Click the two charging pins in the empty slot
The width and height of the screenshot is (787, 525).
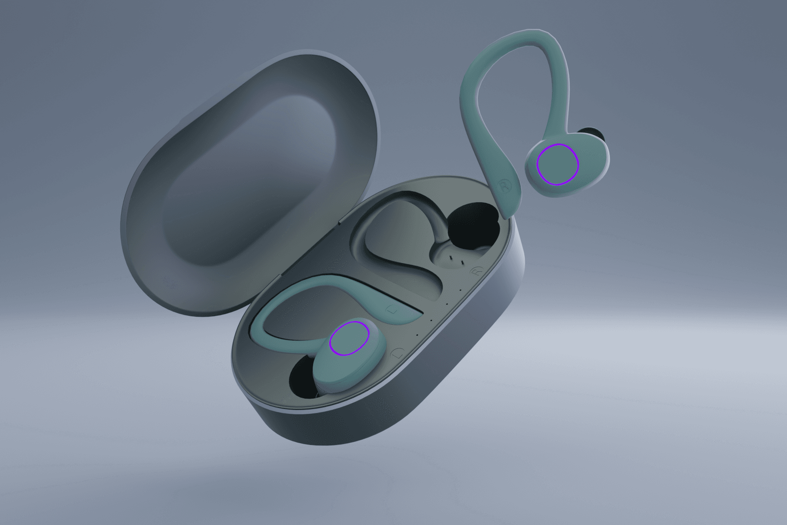click(x=455, y=261)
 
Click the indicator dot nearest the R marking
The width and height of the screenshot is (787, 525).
click(x=460, y=289)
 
